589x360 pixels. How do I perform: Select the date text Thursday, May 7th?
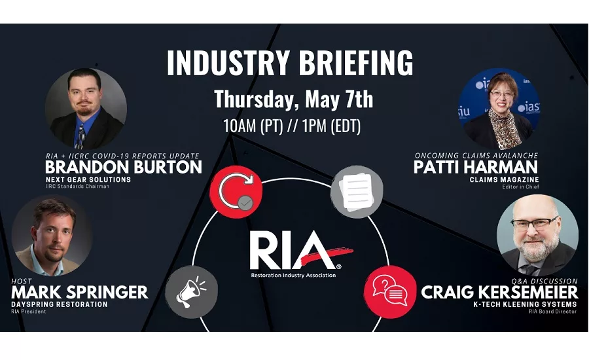[293, 100]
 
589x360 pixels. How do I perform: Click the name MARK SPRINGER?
[80, 292]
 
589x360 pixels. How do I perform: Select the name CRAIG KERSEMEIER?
[500, 292]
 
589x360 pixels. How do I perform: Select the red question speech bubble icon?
[389, 288]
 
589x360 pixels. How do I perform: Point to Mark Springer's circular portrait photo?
[52, 236]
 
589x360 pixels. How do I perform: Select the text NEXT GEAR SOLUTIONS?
[88, 179]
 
